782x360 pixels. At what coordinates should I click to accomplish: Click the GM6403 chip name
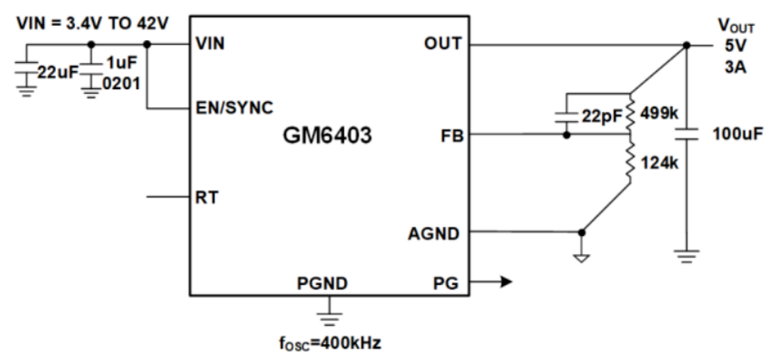tap(330, 139)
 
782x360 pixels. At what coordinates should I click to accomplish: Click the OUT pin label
tap(444, 45)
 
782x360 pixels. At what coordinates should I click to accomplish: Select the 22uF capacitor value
tap(57, 73)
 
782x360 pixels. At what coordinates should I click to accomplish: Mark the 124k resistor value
tap(657, 161)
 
